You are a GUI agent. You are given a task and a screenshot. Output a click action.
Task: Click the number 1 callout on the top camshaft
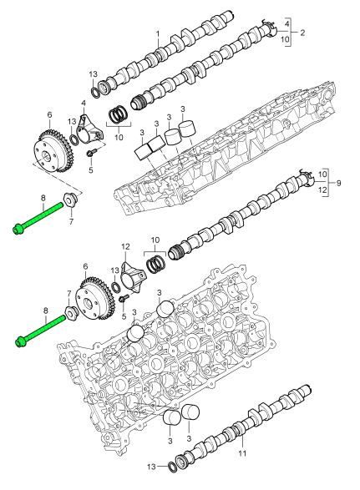coord(158,33)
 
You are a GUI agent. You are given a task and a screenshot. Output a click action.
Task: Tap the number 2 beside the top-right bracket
coord(302,33)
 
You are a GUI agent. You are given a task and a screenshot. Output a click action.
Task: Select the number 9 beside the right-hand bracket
coord(339,183)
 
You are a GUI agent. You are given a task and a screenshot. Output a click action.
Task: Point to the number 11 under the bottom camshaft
coord(243,452)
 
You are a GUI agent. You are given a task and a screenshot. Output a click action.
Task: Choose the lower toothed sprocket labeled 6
coord(95,299)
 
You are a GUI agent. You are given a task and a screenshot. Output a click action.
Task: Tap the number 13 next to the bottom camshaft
coord(151,467)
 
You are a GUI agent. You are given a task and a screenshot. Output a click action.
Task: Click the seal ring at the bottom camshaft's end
coord(172,467)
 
